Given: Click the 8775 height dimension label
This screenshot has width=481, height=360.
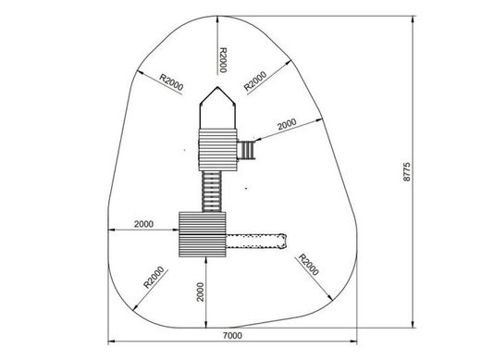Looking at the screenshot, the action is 407,172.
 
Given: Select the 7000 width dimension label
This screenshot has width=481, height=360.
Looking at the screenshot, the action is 232,335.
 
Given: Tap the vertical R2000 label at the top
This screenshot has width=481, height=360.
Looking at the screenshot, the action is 223,60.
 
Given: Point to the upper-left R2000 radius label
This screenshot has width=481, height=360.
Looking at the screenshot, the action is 171,81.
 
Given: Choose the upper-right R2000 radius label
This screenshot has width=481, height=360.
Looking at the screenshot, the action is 255,81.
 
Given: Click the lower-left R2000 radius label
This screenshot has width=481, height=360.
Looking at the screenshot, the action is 154,277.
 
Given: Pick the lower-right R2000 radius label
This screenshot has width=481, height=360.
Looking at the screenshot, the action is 308,265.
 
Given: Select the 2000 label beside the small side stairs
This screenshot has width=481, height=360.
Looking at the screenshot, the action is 287,124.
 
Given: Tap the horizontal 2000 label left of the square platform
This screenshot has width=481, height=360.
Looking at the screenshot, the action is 143,224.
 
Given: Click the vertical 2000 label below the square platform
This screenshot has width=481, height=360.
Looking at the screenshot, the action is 201,292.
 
